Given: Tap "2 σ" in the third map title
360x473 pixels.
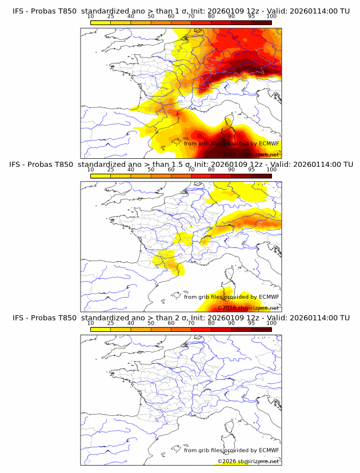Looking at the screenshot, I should pyautogui.click(x=178, y=318).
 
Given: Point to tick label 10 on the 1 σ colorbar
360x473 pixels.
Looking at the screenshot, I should pyautogui.click(x=90, y=17).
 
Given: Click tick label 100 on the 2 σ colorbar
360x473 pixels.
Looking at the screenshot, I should pyautogui.click(x=271, y=323).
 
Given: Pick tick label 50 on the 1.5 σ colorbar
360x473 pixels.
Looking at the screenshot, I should pyautogui.click(x=151, y=170).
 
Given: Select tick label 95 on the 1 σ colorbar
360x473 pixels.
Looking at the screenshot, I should pyautogui.click(x=251, y=17).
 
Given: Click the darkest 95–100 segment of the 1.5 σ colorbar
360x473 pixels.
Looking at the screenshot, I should pyautogui.click(x=261, y=176).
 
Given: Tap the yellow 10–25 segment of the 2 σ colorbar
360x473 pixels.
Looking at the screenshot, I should pyautogui.click(x=100, y=329).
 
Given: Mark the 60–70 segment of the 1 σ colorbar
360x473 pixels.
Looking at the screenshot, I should pyautogui.click(x=181, y=23).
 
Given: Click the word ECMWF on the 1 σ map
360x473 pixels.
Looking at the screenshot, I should pyautogui.click(x=269, y=144).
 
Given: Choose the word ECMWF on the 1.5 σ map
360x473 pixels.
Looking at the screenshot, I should pyautogui.click(x=269, y=297).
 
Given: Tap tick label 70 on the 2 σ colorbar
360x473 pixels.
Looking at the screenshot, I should pyautogui.click(x=191, y=323).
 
